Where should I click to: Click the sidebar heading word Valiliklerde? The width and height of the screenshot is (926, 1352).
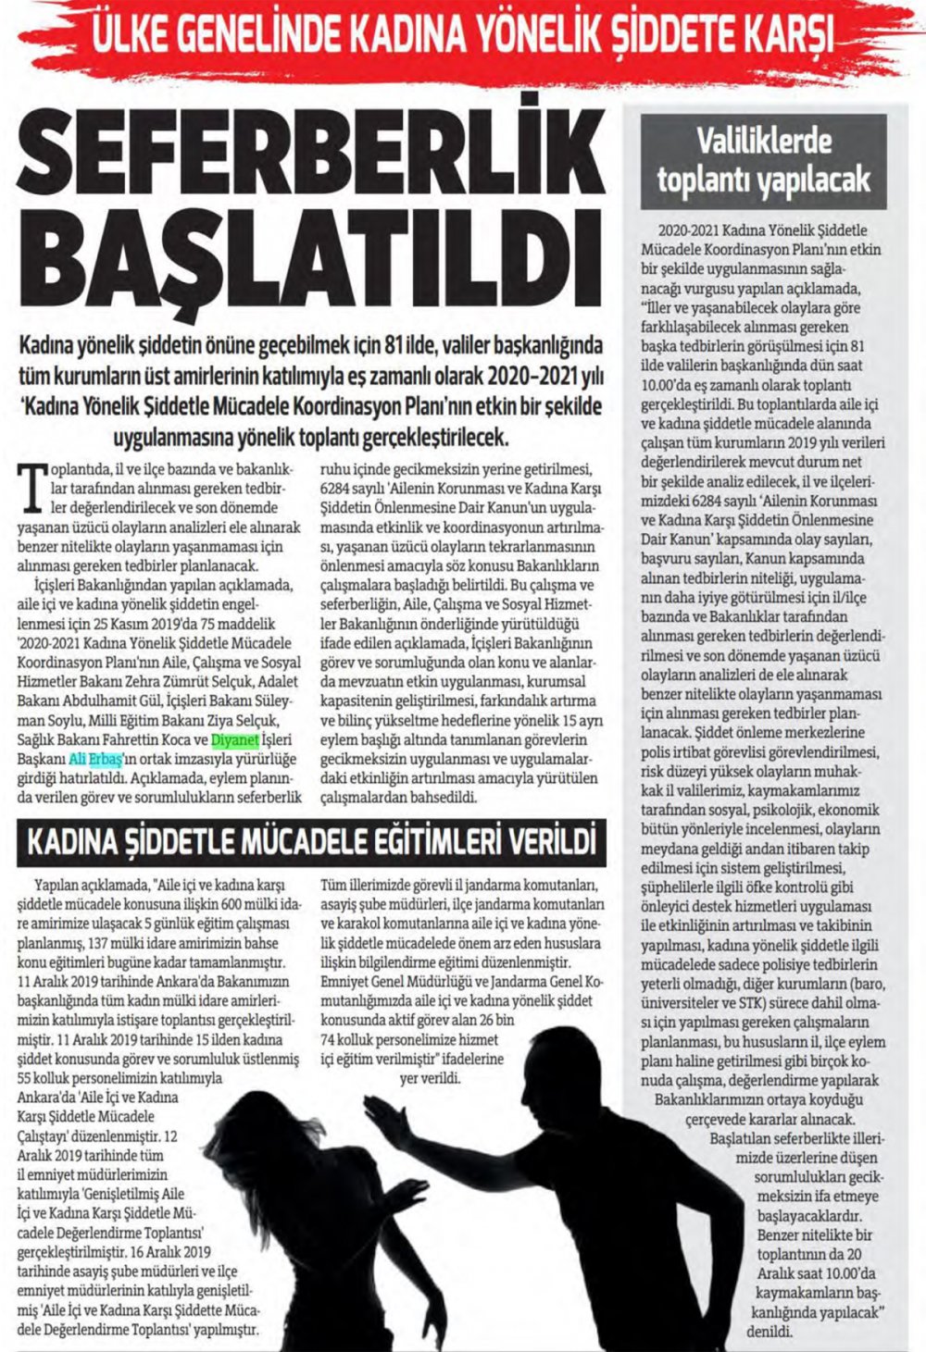click(x=764, y=142)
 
